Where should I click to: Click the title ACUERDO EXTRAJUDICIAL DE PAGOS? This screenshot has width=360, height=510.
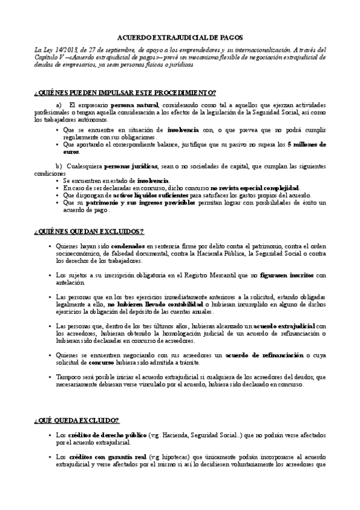(180, 37)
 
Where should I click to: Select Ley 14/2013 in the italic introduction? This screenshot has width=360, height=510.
(58, 50)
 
